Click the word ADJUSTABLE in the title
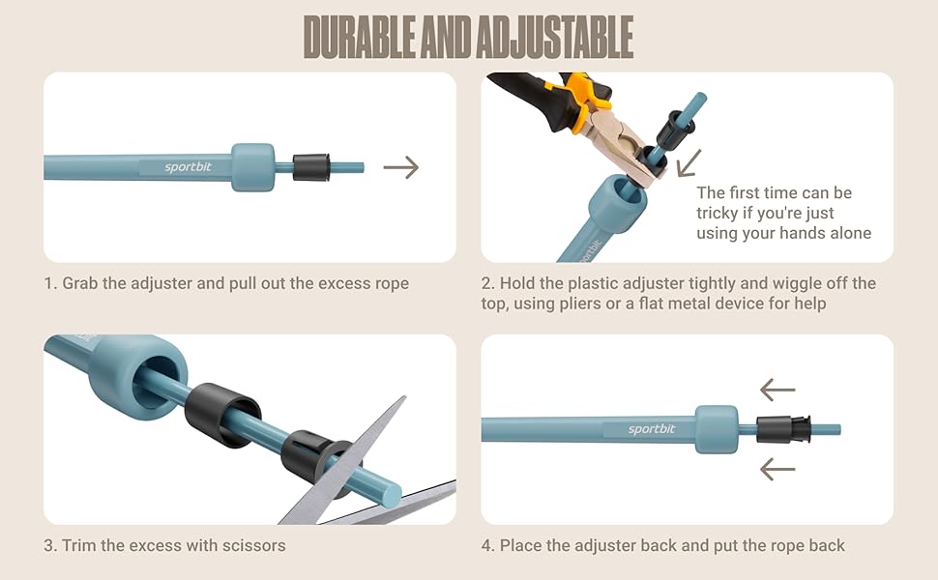coord(554,37)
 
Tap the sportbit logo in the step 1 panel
coord(188,167)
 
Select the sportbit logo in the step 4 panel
coord(652,429)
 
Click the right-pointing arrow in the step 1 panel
coord(400,167)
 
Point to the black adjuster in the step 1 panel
coord(311,167)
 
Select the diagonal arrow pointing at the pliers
coord(689,163)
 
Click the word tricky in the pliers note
coord(717,213)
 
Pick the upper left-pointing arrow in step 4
coord(777,390)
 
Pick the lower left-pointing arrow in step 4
coord(777,470)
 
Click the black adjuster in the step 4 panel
coord(783,429)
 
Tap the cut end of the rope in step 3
coord(392,494)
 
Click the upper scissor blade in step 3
coord(353,460)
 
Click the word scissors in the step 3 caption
coord(253,545)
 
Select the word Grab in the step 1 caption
coord(80,283)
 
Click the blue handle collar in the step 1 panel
coord(253,167)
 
